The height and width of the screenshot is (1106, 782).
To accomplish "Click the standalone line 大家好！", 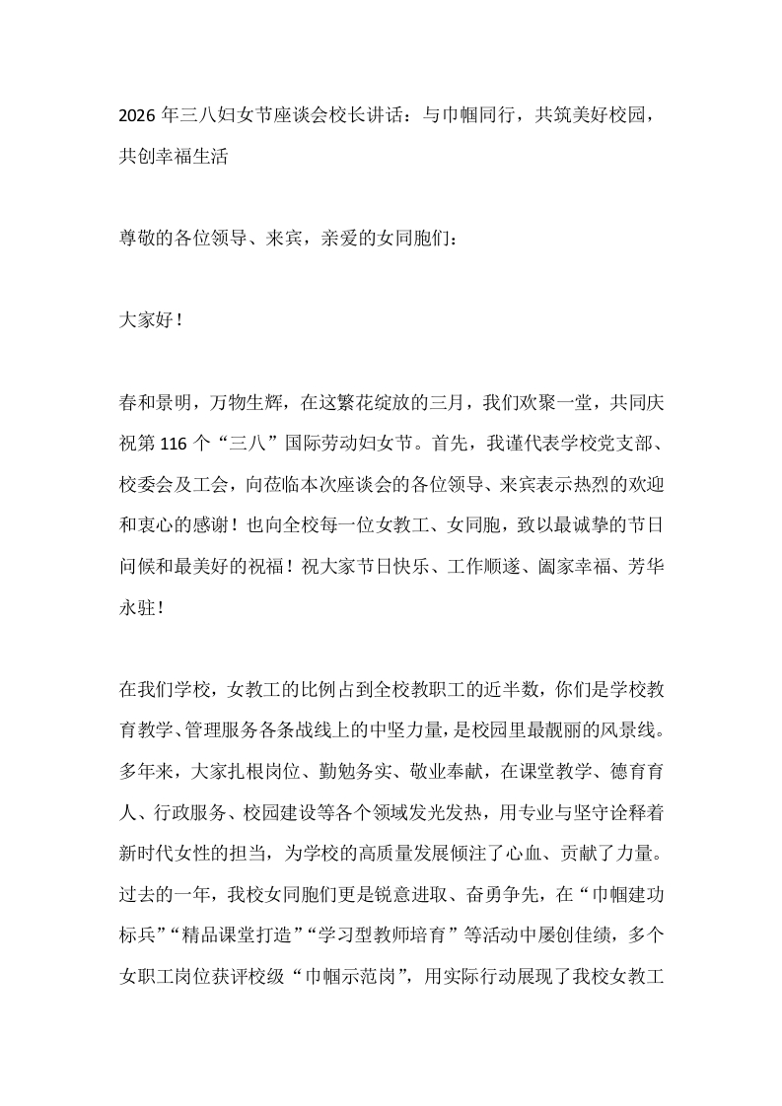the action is coord(150,322).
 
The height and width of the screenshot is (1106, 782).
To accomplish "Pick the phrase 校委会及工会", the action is coord(172,486).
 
